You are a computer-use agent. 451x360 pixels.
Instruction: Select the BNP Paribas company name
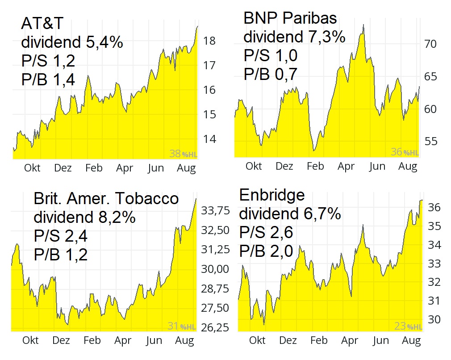pyautogui.click(x=290, y=18)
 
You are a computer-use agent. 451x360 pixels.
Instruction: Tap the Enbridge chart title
pyautogui.click(x=272, y=195)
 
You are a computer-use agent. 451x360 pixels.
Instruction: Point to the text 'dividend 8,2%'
pyautogui.click(x=84, y=218)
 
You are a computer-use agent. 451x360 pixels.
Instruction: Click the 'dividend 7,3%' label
pyautogui.click(x=294, y=37)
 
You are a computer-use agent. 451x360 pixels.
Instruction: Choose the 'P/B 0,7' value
pyautogui.click(x=270, y=74)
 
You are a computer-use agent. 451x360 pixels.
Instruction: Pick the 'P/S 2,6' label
pyautogui.click(x=266, y=233)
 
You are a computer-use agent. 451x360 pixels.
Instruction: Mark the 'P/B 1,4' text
pyautogui.click(x=48, y=79)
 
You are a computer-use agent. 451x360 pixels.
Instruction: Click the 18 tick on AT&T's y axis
pyautogui.click(x=209, y=41)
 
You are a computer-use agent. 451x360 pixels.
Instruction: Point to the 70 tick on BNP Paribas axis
pyautogui.click(x=430, y=44)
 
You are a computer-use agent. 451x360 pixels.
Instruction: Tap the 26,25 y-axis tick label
pyautogui.click(x=216, y=327)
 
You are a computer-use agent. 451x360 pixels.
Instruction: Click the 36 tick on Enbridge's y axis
pyautogui.click(x=434, y=207)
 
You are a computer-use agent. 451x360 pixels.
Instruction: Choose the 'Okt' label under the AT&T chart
pyautogui.click(x=32, y=168)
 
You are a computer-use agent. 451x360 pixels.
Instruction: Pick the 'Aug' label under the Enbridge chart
pyautogui.click(x=411, y=341)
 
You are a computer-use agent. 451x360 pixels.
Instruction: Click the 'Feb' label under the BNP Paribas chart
pyautogui.click(x=315, y=167)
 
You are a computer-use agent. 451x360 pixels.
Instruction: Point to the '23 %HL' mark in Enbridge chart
pyautogui.click(x=408, y=327)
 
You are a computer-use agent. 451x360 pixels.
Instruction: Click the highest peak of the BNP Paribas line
pyautogui.click(x=363, y=25)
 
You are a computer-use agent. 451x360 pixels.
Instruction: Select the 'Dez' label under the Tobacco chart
pyautogui.click(x=61, y=340)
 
